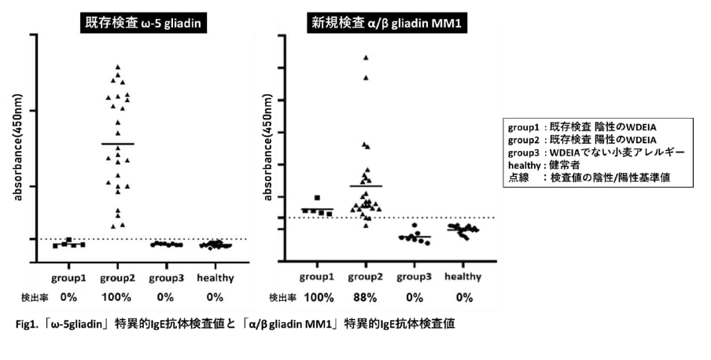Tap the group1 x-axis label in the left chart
tap(68, 277)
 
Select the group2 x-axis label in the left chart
tap(117, 277)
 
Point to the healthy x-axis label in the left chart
tap(215, 277)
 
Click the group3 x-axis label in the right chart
tap(414, 277)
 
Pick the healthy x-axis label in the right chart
tap(463, 277)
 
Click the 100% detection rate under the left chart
tap(117, 297)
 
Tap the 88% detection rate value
tap(365, 297)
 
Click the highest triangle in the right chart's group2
tap(365, 57)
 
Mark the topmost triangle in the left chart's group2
tap(118, 67)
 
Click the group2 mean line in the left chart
tap(118, 144)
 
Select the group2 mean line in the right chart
tap(365, 186)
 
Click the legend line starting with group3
tap(595, 152)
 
